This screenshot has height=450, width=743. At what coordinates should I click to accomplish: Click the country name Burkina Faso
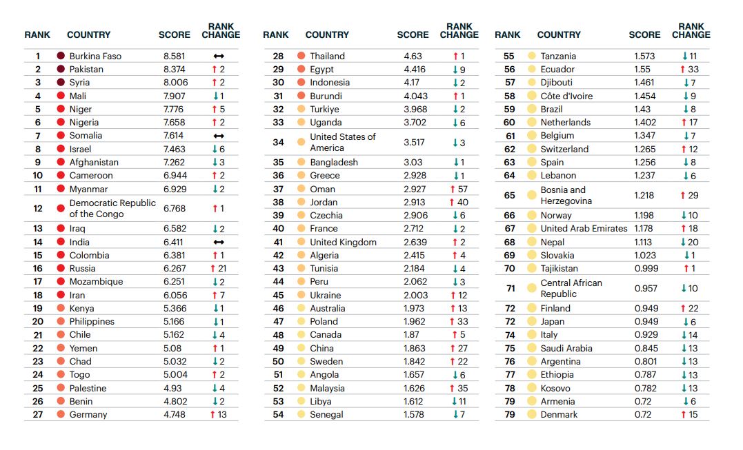tap(95, 56)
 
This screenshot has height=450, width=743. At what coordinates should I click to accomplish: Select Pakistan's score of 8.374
tap(175, 69)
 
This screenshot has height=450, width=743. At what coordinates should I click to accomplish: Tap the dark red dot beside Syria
tap(61, 82)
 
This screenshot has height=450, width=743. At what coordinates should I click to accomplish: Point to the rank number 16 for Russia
tap(38, 268)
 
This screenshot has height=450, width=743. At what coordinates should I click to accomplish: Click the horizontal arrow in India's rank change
tap(219, 242)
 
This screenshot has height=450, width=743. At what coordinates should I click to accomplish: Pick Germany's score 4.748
tap(175, 414)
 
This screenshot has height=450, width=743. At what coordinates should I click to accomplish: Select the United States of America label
tap(343, 142)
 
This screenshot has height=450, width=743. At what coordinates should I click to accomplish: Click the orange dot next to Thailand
tap(301, 56)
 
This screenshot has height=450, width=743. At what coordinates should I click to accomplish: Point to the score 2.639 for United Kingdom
tap(415, 242)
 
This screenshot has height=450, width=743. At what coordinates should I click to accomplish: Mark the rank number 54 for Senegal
tap(278, 414)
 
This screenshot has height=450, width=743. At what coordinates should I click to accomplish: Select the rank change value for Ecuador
tap(689, 69)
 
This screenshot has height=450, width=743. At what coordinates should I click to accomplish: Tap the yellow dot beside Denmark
tap(531, 414)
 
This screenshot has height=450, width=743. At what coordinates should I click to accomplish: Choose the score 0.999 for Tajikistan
tap(646, 268)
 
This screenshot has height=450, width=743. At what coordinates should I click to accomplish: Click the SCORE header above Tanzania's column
tap(644, 34)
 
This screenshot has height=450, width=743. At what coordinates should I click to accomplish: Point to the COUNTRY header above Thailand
tap(327, 34)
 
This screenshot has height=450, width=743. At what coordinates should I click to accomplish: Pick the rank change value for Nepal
tap(689, 242)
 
